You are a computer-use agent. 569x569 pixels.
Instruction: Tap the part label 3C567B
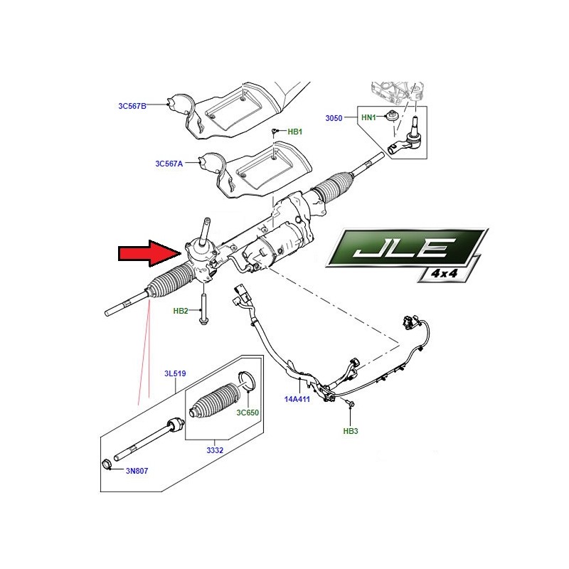coord(132,106)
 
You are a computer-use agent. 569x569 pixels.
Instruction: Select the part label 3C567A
coord(169,163)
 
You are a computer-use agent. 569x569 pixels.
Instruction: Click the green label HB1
coord(295,132)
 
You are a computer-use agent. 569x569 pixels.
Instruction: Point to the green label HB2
coord(181,311)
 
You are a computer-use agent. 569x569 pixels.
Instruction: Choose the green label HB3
coord(351,431)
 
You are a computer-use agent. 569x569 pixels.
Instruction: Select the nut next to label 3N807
coord(105,465)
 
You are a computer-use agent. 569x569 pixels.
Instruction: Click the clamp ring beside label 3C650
coord(246,383)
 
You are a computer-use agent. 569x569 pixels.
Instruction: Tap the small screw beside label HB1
coord(275,131)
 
